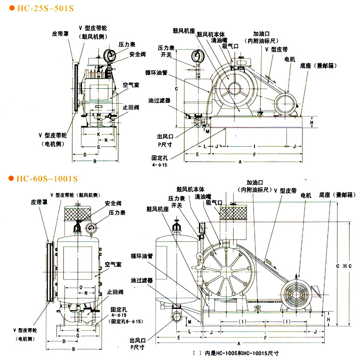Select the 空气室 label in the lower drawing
pyautogui.click(x=114, y=264)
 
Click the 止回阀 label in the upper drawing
pyautogui.click(x=131, y=106)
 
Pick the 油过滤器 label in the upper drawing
pyautogui.click(x=160, y=99)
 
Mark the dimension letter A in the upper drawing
pyautogui.click(x=241, y=161)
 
